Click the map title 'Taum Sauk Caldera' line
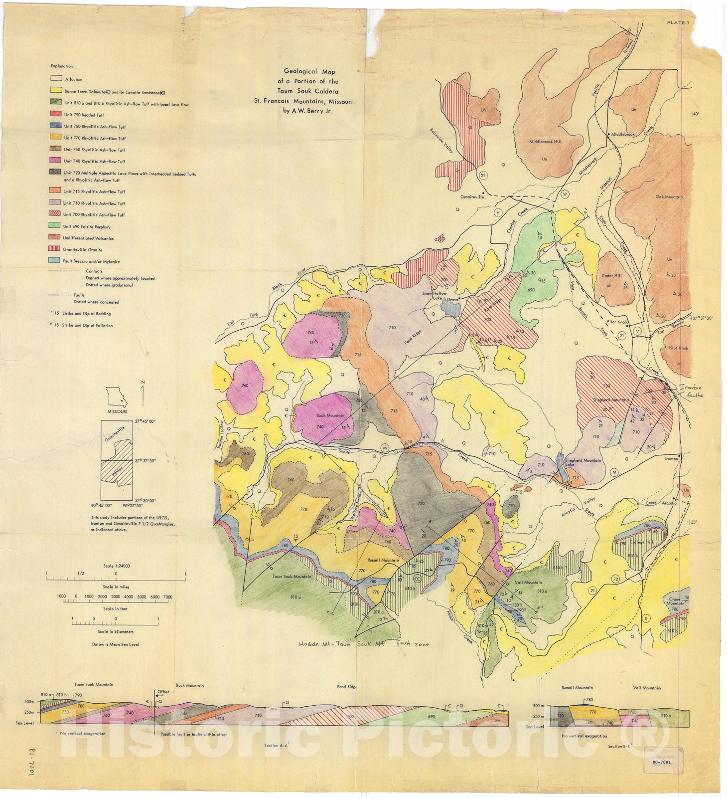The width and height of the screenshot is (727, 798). coord(308,91)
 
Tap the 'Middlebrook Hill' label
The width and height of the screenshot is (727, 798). coord(545,142)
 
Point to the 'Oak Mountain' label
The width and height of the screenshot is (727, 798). coord(669,197)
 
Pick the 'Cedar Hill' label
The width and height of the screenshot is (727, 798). coord(611,276)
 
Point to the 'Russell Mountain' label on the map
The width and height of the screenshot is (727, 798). coord(383,560)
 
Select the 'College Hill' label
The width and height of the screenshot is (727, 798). coord(641,542)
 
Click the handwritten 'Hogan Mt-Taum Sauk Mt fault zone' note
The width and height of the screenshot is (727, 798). coord(364,644)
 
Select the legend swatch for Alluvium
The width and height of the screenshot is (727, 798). coord(55,79)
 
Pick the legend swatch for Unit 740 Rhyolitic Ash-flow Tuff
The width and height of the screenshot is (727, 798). coord(55,161)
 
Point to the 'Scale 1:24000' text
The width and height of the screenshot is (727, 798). coord(116,566)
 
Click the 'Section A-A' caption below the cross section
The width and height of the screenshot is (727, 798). coord(278,746)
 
